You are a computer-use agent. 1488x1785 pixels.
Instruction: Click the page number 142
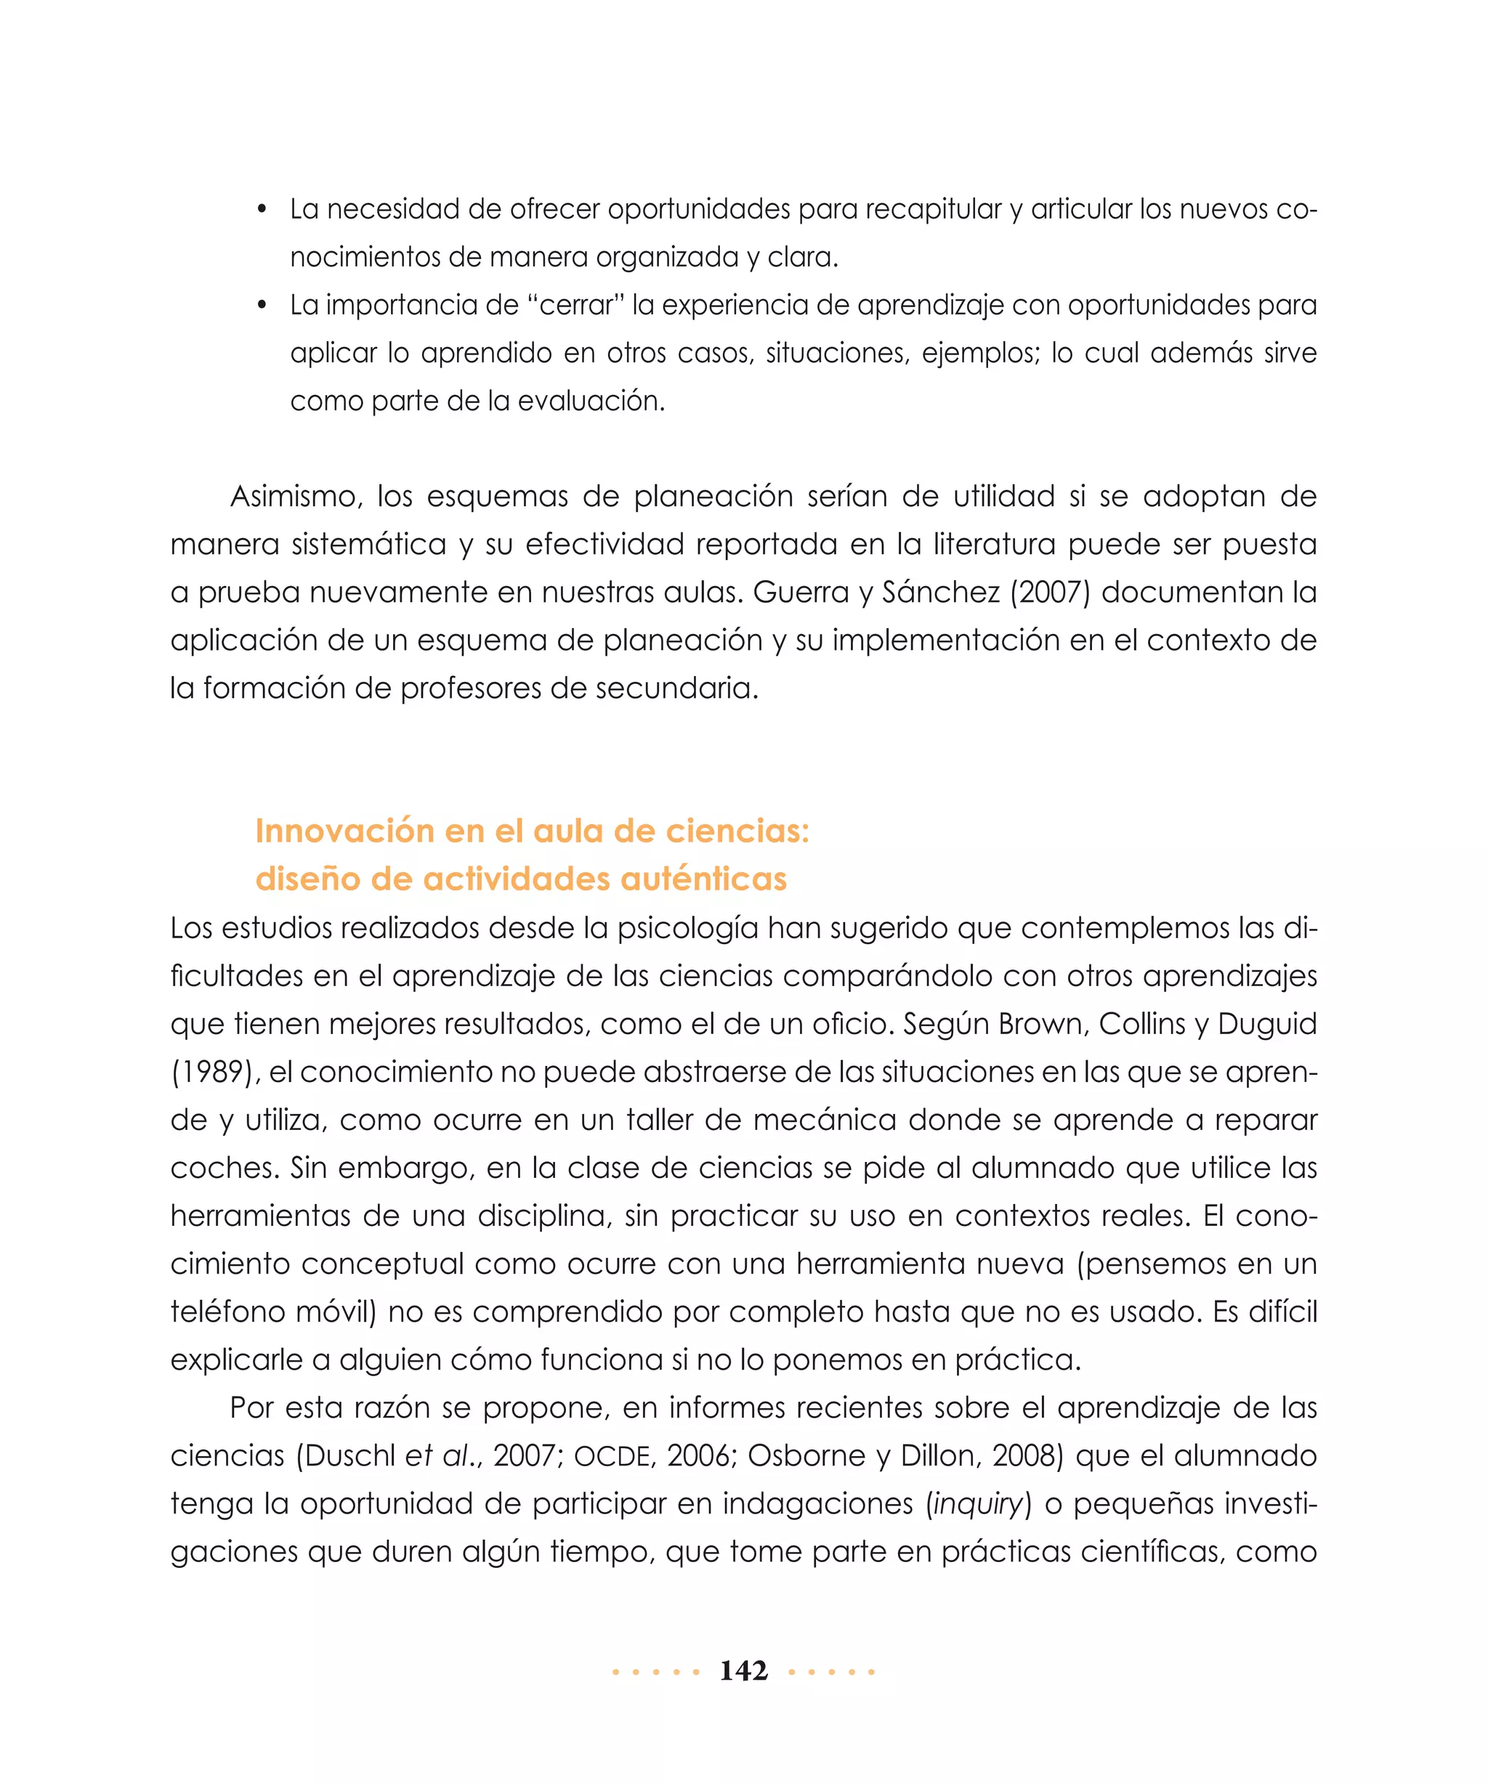tap(743, 1670)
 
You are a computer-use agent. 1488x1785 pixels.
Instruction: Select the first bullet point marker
tap(263, 209)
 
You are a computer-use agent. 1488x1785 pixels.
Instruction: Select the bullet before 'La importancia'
tap(263, 305)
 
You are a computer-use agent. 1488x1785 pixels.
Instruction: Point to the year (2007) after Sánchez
tap(1048, 592)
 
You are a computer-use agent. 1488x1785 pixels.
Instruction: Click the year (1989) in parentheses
tap(215, 1072)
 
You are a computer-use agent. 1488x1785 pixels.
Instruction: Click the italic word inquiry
tap(978, 1504)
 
